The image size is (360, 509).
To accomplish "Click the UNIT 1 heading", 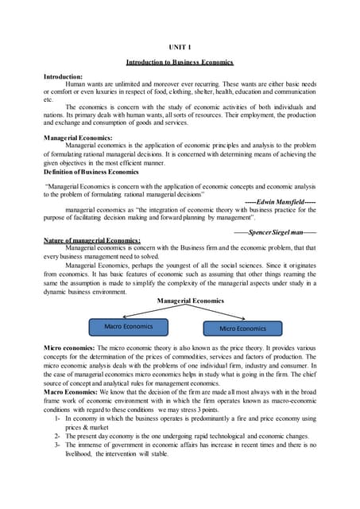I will (x=180, y=48).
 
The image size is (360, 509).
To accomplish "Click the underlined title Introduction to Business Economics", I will (x=180, y=62).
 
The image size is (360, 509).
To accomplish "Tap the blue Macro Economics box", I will (x=129, y=327).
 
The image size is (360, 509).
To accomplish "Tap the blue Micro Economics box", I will (x=242, y=328).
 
